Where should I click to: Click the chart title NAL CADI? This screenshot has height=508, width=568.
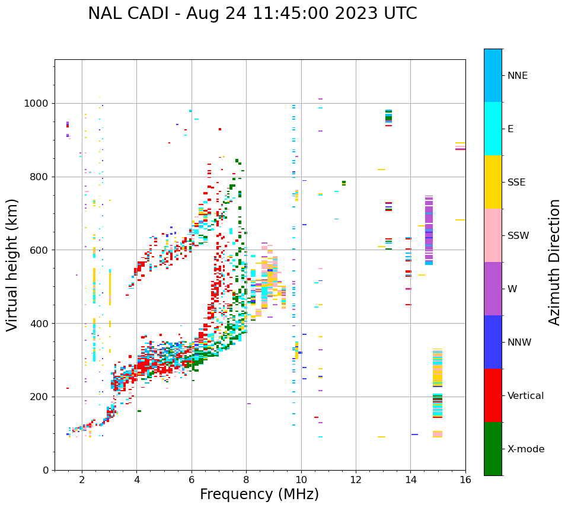[252, 14]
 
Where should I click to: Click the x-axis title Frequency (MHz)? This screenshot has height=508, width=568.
[259, 494]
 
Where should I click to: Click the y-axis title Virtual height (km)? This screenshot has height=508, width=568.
[12, 264]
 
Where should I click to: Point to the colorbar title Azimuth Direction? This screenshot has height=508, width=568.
[554, 262]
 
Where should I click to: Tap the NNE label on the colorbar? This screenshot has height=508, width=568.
[517, 76]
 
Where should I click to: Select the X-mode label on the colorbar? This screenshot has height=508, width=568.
[525, 449]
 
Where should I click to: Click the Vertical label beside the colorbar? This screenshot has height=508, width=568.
[525, 396]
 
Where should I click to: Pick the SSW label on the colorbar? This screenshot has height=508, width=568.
[518, 236]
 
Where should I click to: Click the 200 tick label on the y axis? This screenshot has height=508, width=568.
[42, 397]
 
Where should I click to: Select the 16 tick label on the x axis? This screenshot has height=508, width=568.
[465, 480]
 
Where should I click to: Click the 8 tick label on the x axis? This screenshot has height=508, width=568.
[246, 480]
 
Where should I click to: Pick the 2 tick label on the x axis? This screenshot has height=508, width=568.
[82, 480]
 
